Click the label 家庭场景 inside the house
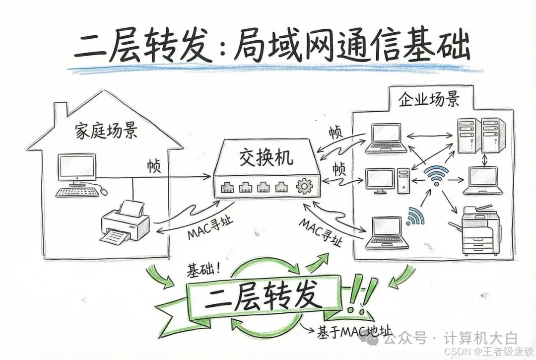pos(106,132)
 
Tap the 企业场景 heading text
pos(429,99)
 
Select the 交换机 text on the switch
pos(266,157)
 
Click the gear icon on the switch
pos(302,187)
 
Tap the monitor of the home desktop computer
pos(76,168)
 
